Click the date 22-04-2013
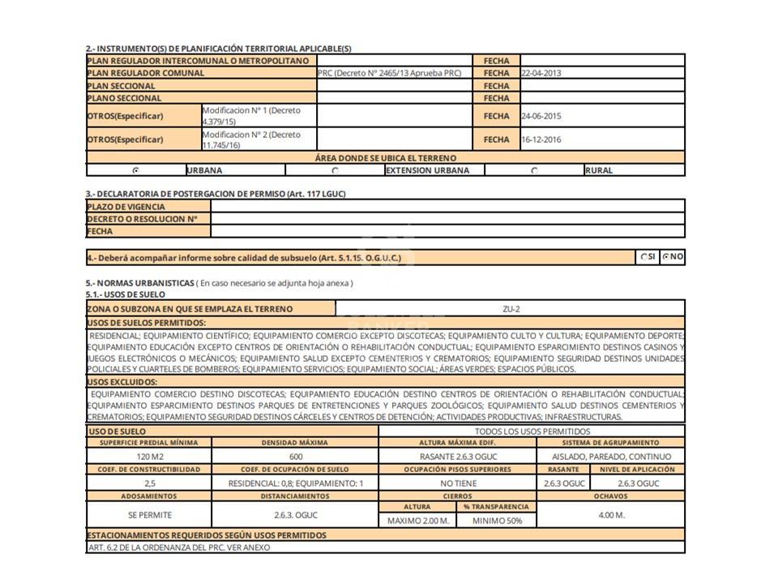(541, 73)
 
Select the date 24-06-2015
(541, 116)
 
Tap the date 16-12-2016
(541, 140)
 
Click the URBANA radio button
(135, 170)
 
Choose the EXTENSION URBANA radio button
(336, 170)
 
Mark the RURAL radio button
(534, 170)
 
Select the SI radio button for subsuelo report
(644, 257)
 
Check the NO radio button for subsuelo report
(666, 257)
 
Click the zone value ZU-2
(511, 309)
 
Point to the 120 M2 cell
(148, 457)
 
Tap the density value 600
(295, 457)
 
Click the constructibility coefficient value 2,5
(148, 483)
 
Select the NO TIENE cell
(458, 483)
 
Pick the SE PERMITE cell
(149, 514)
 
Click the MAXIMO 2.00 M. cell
(418, 521)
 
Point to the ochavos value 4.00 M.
(610, 514)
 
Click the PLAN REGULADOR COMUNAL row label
(146, 73)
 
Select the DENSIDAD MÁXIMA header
(295, 443)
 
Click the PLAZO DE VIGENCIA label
(126, 207)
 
